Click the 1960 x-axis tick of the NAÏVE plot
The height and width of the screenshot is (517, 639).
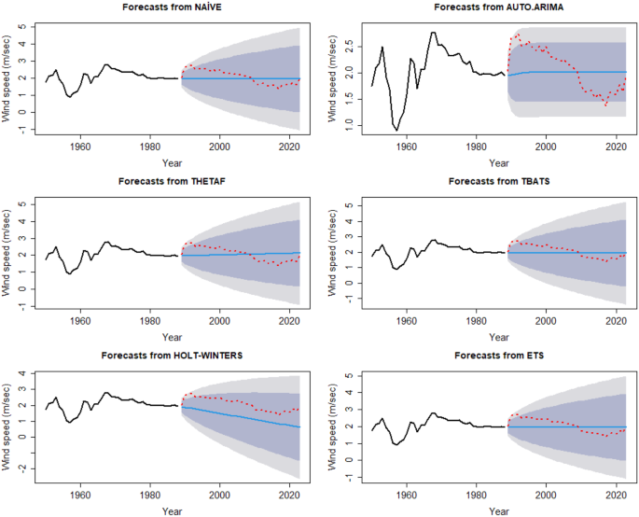coord(80,146)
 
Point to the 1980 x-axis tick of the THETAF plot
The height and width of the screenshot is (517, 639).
coord(149,320)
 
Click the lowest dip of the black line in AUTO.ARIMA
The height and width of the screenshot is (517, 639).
coord(396,130)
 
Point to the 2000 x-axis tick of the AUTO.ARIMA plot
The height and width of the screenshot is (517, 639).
coord(545,146)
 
